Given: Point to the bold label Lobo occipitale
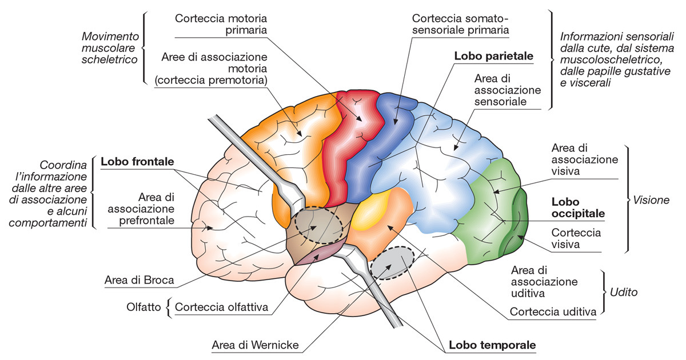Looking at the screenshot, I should coord(578,208).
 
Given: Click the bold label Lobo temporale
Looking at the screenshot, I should coord(492,345).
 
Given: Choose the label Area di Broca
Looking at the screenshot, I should coord(139,281).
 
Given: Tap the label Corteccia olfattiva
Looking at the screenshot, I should coord(222,307).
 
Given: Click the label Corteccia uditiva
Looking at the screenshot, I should coord(553,312).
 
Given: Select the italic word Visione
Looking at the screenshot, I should coord(651,201).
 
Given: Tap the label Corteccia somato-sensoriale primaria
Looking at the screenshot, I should coord(459,23).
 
